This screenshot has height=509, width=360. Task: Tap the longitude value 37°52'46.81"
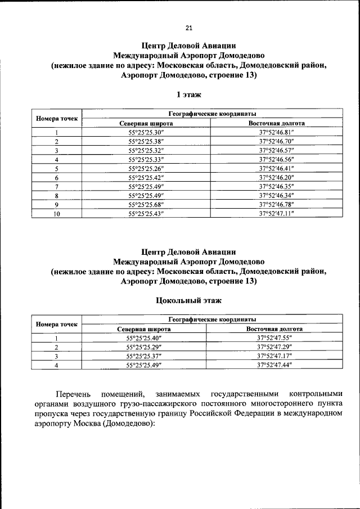(x=277, y=133)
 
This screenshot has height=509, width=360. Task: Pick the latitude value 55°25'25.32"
(x=146, y=151)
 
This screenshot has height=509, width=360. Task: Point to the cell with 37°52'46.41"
(x=277, y=169)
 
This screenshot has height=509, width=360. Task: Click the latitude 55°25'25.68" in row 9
(x=146, y=205)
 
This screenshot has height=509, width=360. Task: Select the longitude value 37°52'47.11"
(x=277, y=214)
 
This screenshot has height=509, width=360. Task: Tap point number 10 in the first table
(x=57, y=214)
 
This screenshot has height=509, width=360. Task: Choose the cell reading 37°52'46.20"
(x=277, y=178)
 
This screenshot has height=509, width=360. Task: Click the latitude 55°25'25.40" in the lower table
(x=144, y=338)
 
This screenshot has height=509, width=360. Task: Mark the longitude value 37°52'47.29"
(x=275, y=347)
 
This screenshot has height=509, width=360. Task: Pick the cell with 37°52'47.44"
(x=275, y=365)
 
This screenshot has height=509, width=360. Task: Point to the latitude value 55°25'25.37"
(x=144, y=356)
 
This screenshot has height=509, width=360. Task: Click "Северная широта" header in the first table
(x=146, y=123)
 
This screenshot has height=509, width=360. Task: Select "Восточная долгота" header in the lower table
(x=275, y=329)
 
